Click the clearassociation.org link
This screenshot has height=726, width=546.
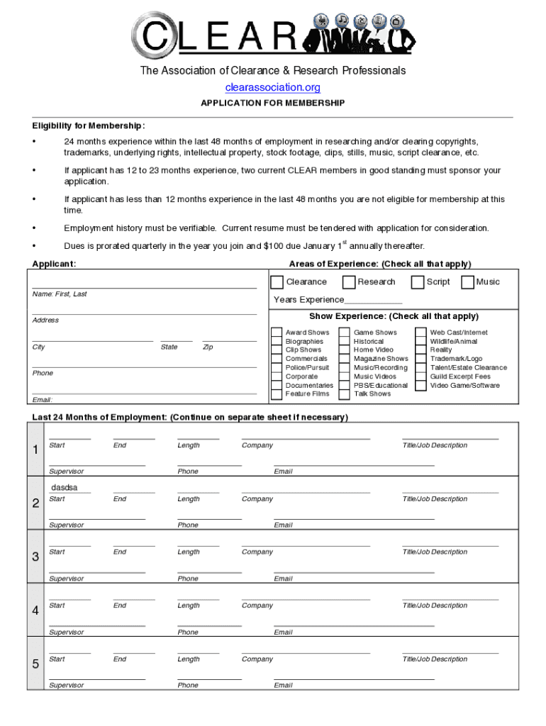click(272, 87)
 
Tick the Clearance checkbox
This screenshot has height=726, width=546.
click(277, 282)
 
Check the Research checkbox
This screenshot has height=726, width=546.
click(349, 282)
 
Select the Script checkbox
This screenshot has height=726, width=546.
click(418, 282)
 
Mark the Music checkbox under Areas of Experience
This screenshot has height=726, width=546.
click(467, 282)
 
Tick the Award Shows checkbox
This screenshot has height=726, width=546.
click(277, 333)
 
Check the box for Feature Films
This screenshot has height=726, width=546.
click(277, 394)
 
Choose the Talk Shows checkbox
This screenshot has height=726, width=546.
click(344, 394)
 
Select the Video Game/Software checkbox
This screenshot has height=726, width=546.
click(421, 386)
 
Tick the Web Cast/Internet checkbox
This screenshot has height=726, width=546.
click(421, 333)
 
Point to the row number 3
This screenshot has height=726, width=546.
click(35, 557)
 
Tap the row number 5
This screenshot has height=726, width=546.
click(35, 664)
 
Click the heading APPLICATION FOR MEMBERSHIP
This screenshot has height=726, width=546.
click(272, 104)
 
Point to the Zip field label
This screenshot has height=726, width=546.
click(208, 347)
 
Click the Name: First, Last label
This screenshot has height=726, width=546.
click(60, 294)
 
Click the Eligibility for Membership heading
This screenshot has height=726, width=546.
click(89, 126)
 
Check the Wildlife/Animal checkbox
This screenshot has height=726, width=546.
click(421, 342)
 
